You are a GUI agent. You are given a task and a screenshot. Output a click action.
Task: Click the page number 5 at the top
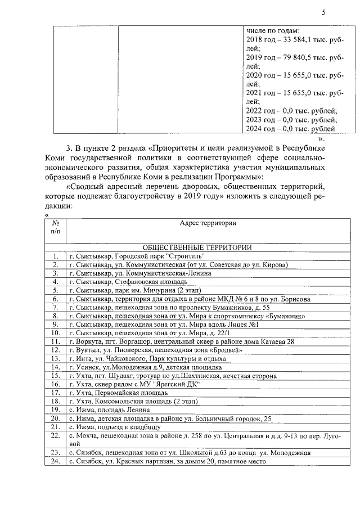[323, 12]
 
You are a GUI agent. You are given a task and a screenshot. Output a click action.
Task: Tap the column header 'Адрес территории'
[208, 223]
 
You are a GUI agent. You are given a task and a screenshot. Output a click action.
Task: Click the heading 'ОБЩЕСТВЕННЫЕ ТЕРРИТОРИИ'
[197, 247]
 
